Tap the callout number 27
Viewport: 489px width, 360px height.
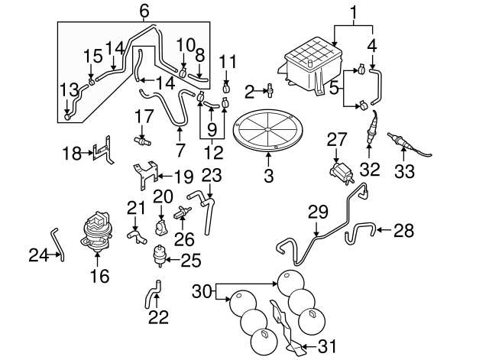pos(337,138)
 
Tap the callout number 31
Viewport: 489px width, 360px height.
pos(326,346)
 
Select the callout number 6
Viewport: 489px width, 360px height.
pos(144,11)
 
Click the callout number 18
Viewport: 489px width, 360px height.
pos(71,154)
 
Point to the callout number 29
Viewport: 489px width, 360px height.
pos(317,210)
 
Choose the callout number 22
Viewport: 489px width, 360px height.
pos(157,316)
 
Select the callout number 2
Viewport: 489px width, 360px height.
pos(249,92)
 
